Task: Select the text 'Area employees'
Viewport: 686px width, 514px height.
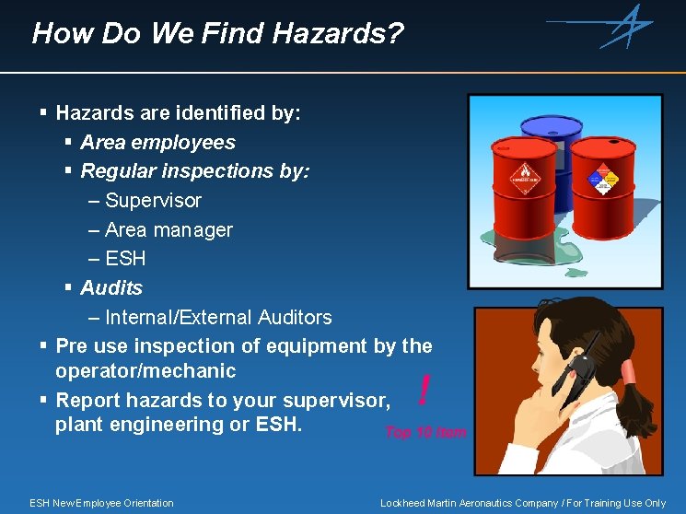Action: click(x=157, y=143)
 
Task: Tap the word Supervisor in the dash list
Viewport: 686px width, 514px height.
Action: click(x=153, y=201)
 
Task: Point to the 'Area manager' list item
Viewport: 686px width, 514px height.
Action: click(x=169, y=230)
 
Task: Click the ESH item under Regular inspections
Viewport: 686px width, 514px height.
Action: click(x=125, y=259)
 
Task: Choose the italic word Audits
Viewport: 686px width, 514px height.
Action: click(x=111, y=288)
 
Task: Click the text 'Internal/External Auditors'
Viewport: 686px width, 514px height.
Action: click(x=218, y=318)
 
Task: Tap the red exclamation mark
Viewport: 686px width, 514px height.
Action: click(x=423, y=391)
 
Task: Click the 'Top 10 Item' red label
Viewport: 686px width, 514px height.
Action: click(x=425, y=432)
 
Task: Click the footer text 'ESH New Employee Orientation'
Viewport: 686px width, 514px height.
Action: click(x=101, y=503)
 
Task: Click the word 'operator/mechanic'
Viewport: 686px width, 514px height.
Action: click(x=145, y=371)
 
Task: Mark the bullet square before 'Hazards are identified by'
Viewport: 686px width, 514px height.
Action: click(x=44, y=113)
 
